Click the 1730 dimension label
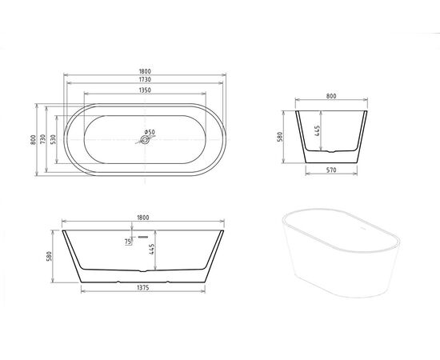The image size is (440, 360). (145, 82)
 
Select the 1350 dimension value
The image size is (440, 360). (145, 90)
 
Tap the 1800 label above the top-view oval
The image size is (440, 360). (145, 72)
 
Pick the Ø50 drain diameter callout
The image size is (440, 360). (150, 132)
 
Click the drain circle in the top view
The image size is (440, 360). (145, 141)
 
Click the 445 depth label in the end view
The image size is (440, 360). (318, 131)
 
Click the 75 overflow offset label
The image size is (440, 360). (126, 241)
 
